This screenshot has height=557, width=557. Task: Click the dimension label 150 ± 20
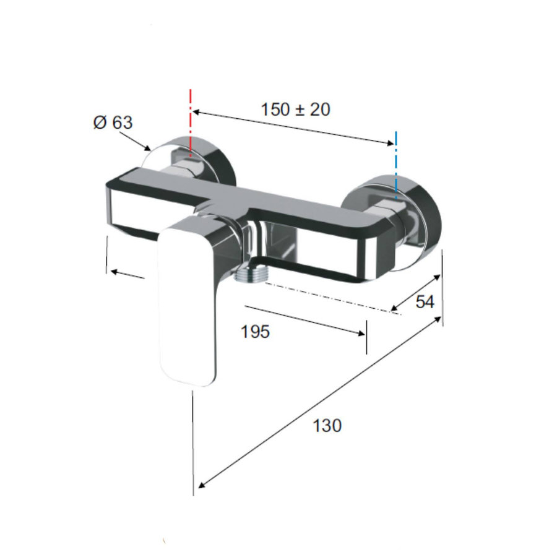click(x=295, y=110)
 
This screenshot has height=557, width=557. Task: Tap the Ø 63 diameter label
click(x=113, y=123)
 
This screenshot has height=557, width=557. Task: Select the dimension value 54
click(x=425, y=302)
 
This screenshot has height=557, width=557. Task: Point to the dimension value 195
click(x=255, y=332)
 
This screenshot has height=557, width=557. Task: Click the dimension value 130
click(x=326, y=426)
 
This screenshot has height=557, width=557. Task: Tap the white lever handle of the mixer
click(x=188, y=303)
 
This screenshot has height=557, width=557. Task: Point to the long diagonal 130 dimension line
click(x=319, y=402)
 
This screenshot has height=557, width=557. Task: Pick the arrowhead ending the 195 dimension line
click(x=360, y=334)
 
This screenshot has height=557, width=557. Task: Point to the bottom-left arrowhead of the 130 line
click(x=200, y=485)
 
